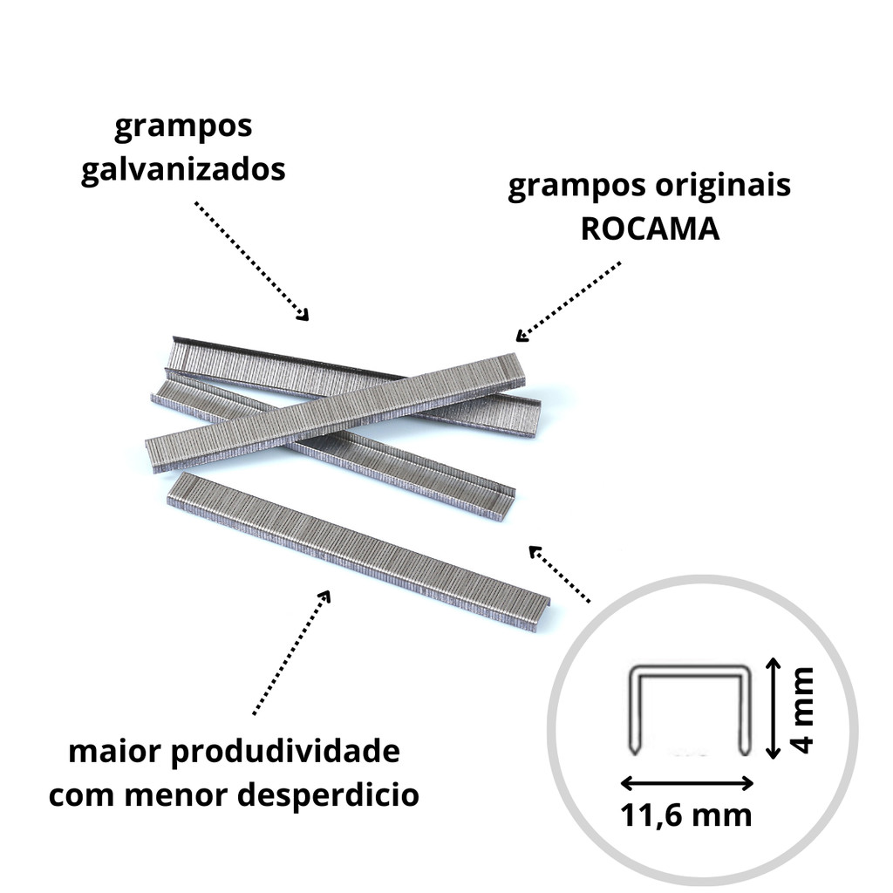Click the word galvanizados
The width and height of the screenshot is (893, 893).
[183, 169]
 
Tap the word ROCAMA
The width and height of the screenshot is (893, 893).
[650, 228]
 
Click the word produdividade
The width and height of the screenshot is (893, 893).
[285, 752]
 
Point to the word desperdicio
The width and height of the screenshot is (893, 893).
[329, 795]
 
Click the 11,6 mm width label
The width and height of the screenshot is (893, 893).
[685, 815]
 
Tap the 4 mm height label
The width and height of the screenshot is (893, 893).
[803, 710]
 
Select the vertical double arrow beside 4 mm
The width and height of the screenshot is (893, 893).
[773, 708]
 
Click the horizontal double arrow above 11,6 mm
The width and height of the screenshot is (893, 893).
[687, 784]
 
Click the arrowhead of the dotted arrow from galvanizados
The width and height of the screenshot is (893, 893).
[303, 315]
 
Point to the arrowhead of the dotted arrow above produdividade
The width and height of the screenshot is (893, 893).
[324, 596]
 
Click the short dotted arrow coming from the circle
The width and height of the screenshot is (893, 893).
[559, 574]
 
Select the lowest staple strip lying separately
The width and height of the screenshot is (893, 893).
[358, 551]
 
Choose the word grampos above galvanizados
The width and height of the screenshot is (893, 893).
[183, 127]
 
